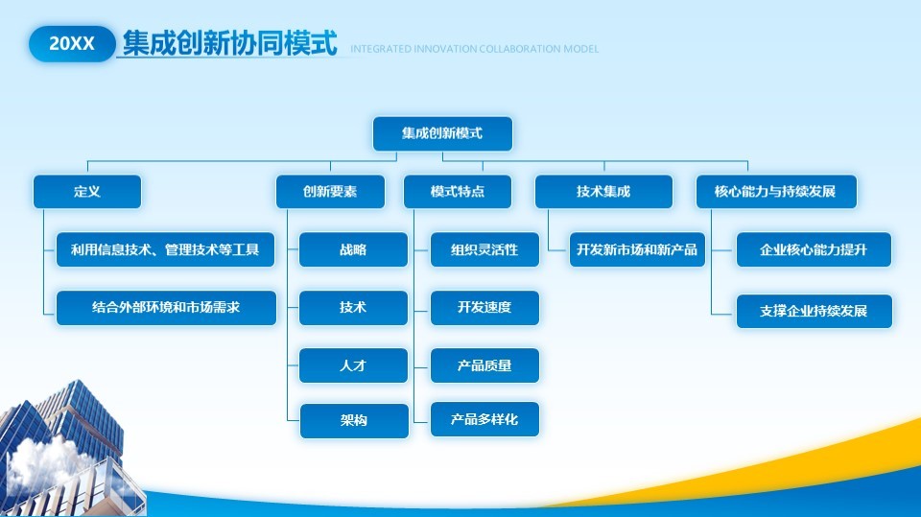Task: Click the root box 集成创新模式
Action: [x=442, y=134]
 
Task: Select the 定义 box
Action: [x=87, y=192]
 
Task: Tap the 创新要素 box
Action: [x=330, y=192]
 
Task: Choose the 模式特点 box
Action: [x=458, y=192]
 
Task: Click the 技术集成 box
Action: [x=603, y=192]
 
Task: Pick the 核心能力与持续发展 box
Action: [x=775, y=192]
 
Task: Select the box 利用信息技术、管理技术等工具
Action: [x=166, y=249]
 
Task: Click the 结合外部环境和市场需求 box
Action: [x=166, y=308]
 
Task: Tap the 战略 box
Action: [x=353, y=249]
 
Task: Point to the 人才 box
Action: [x=353, y=365]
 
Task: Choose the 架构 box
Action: [x=353, y=420]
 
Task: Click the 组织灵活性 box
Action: [x=484, y=249]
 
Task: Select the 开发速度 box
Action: [x=484, y=308]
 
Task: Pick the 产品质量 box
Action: [x=484, y=365]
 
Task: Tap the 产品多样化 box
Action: [x=484, y=420]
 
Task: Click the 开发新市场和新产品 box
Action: [x=637, y=249]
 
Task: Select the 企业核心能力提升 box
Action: [x=814, y=249]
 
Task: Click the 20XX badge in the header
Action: [x=72, y=44]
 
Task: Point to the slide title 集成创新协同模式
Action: [x=230, y=43]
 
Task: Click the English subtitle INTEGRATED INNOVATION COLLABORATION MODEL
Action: [x=474, y=49]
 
